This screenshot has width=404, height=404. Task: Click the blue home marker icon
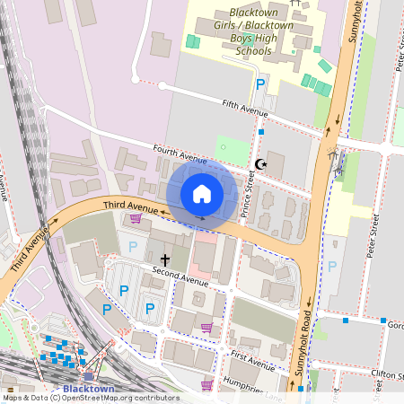click(202, 193)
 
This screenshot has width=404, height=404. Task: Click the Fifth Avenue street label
click(246, 110)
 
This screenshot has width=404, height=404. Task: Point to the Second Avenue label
click(180, 276)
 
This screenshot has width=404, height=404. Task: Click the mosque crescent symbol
click(261, 163)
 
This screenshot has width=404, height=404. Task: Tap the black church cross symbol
click(164, 259)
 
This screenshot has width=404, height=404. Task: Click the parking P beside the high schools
click(261, 84)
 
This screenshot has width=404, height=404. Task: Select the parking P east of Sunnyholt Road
click(332, 267)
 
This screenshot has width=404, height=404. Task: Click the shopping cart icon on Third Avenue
click(136, 218)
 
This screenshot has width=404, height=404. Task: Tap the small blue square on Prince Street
click(261, 132)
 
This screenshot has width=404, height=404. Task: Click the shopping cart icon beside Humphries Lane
click(207, 385)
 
